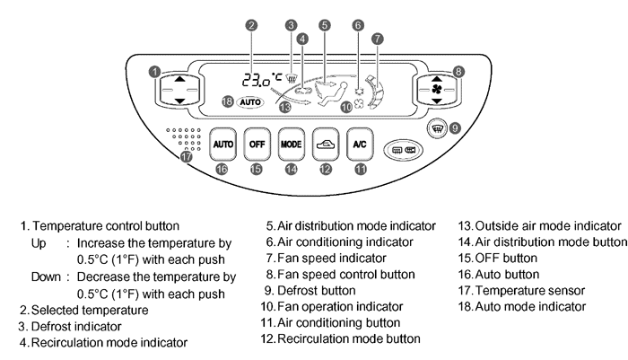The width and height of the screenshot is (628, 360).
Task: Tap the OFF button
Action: [x=257, y=143]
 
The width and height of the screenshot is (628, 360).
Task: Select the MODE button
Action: [x=291, y=143]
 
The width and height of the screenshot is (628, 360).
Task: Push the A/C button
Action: [x=359, y=143]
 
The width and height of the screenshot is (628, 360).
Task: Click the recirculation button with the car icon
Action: [x=325, y=143]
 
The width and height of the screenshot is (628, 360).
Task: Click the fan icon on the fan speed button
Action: [x=433, y=90]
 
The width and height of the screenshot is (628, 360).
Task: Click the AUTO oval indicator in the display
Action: [x=250, y=102]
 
